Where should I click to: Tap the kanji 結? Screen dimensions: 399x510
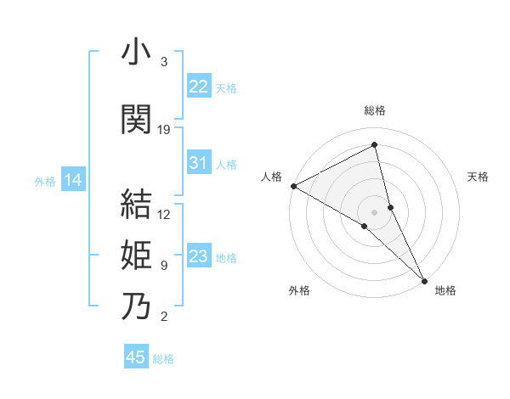136,205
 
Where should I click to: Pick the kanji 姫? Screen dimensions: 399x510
136,255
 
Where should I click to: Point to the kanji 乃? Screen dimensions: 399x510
136,306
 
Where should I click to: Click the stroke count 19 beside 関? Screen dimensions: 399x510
164,130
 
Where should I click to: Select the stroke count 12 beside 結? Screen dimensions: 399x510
164,215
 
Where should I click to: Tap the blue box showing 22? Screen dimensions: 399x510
199,86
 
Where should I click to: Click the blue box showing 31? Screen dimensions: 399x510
199,163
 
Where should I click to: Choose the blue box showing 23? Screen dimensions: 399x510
199,256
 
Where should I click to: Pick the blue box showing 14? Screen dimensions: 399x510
73,180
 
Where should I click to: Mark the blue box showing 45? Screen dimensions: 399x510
136,357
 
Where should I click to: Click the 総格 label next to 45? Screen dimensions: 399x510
163,359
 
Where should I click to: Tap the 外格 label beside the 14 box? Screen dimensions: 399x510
45,181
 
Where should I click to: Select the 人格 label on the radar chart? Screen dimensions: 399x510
272,177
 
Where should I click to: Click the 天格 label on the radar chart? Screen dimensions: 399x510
478,177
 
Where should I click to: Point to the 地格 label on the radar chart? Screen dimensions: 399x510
445,290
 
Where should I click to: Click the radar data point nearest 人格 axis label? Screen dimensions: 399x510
293,186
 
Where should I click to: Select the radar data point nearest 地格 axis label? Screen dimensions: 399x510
424,278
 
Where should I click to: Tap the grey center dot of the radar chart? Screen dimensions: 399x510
374,211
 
